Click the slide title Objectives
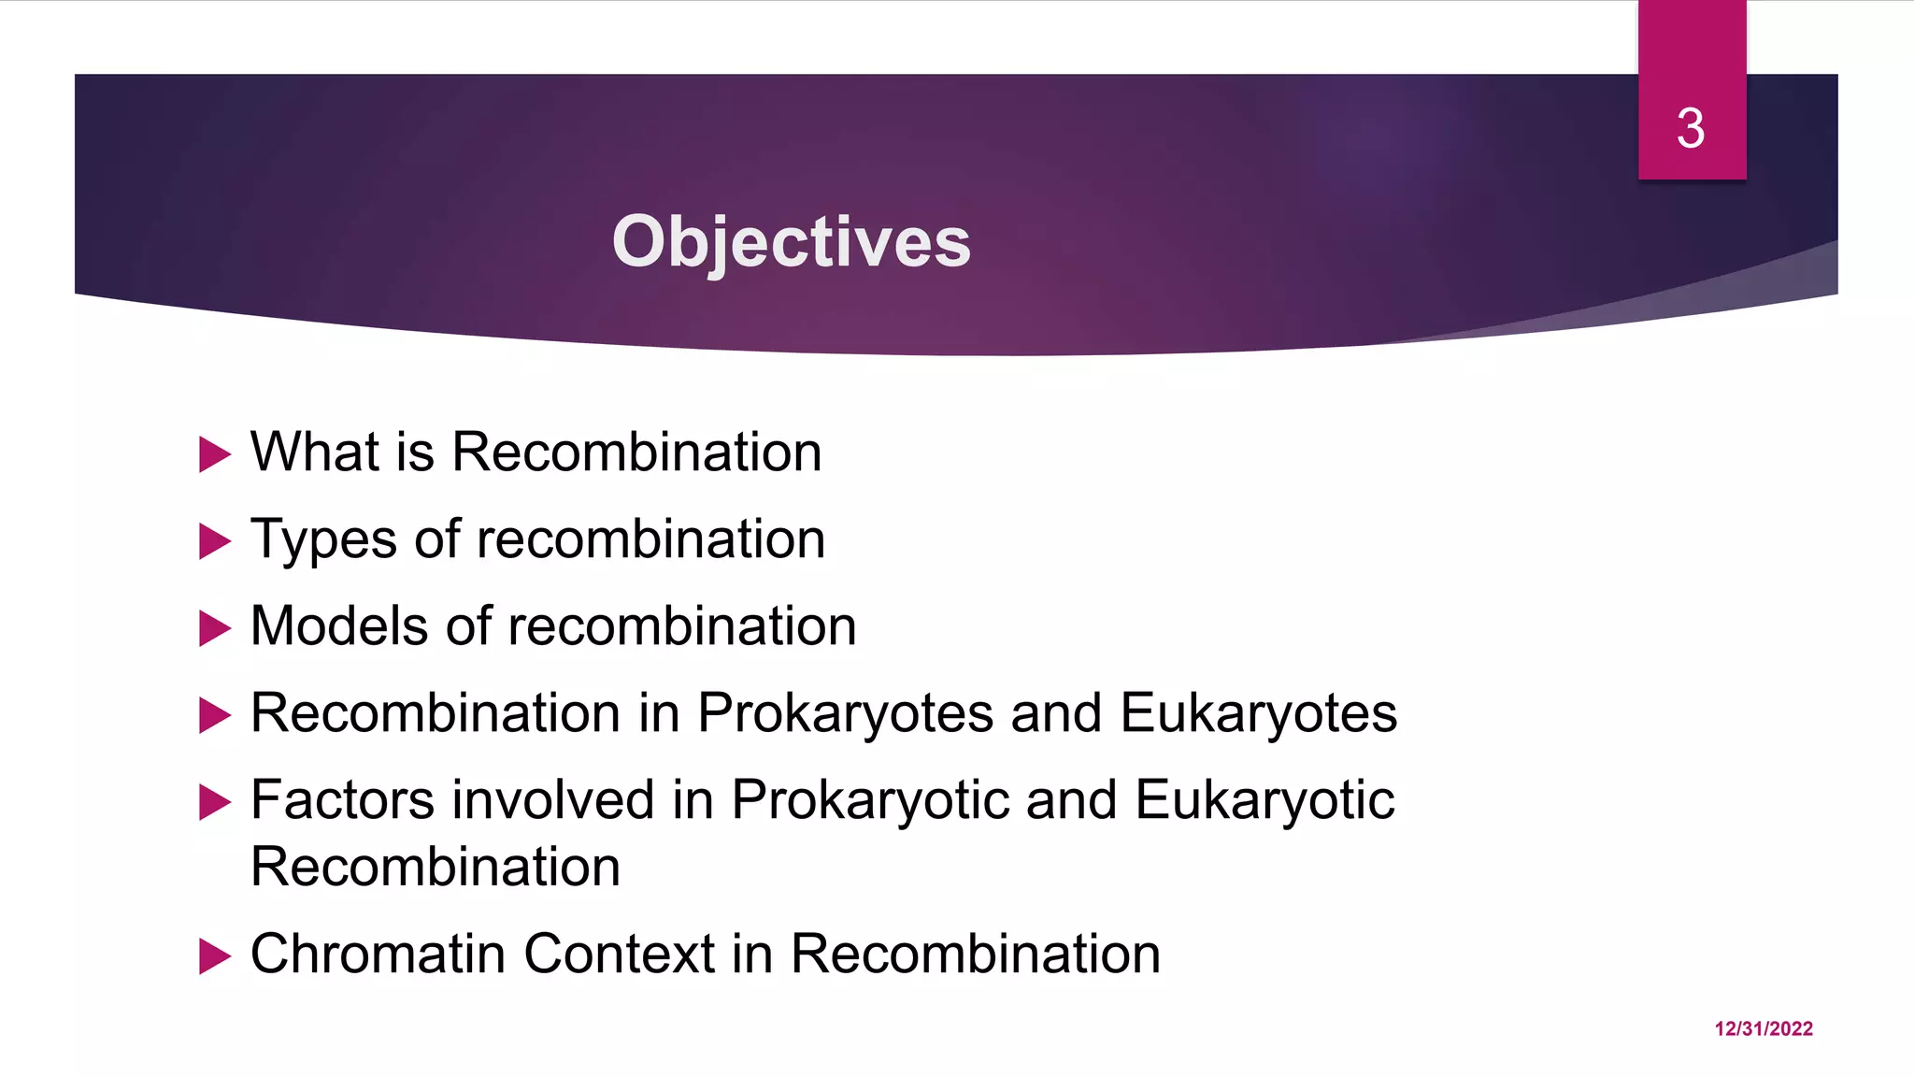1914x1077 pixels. point(791,241)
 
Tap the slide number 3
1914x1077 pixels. point(1691,128)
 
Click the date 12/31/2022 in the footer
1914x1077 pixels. point(1764,1028)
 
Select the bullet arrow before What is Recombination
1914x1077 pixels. point(214,455)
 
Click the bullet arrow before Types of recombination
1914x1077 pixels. point(214,541)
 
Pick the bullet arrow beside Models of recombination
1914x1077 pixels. point(214,628)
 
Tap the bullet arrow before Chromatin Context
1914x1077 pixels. point(214,956)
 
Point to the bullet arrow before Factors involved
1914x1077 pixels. point(214,802)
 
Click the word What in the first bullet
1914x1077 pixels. point(314,452)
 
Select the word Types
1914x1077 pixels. point(323,540)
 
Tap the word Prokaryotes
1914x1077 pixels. point(845,714)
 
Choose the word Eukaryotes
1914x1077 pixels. point(1258,714)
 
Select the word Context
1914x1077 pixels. point(619,955)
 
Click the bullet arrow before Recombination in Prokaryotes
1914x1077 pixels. point(214,716)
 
